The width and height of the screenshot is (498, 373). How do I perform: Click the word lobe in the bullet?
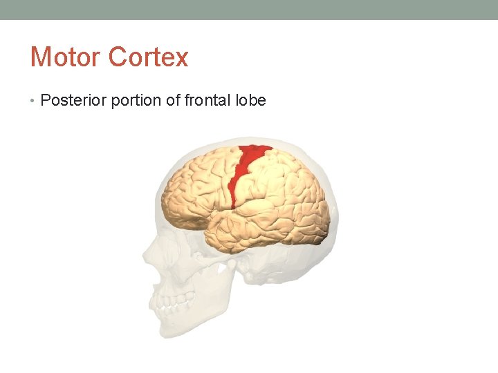(250, 101)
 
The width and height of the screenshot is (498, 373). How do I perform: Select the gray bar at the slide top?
(249, 10)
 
